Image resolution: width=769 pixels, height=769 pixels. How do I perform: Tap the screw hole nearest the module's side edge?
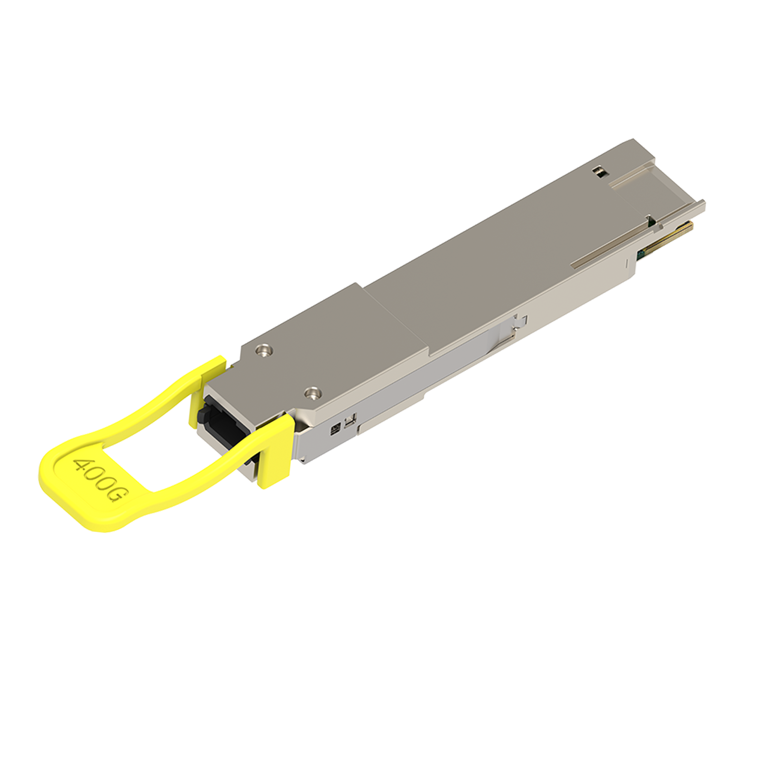click(313, 394)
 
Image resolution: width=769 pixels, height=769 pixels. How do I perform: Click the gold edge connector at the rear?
click(666, 237)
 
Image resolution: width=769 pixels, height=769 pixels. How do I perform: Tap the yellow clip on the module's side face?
click(275, 449)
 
